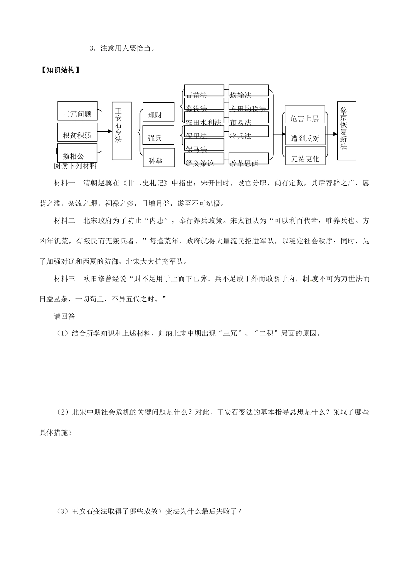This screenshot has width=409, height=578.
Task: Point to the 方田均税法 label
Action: [248, 109]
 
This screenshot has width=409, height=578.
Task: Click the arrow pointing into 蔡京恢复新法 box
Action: [331, 134]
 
